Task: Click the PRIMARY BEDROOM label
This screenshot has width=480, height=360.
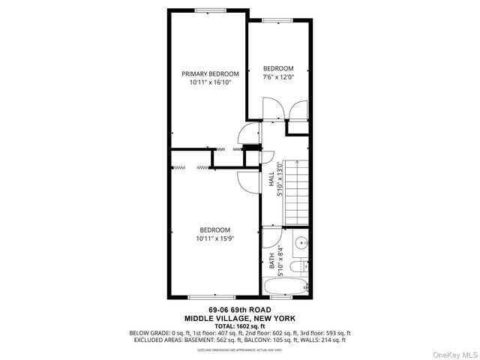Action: pos(210,73)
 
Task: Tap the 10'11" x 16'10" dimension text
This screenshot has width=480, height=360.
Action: pos(210,83)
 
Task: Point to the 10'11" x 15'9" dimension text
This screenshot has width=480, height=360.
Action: pos(214,239)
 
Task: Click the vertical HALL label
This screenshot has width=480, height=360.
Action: pos(271,180)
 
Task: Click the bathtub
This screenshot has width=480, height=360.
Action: pos(286,287)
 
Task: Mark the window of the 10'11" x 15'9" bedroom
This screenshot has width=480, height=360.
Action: pos(204,297)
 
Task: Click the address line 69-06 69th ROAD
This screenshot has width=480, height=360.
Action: pos(239,310)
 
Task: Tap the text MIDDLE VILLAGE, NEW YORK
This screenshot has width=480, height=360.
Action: pos(239,317)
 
